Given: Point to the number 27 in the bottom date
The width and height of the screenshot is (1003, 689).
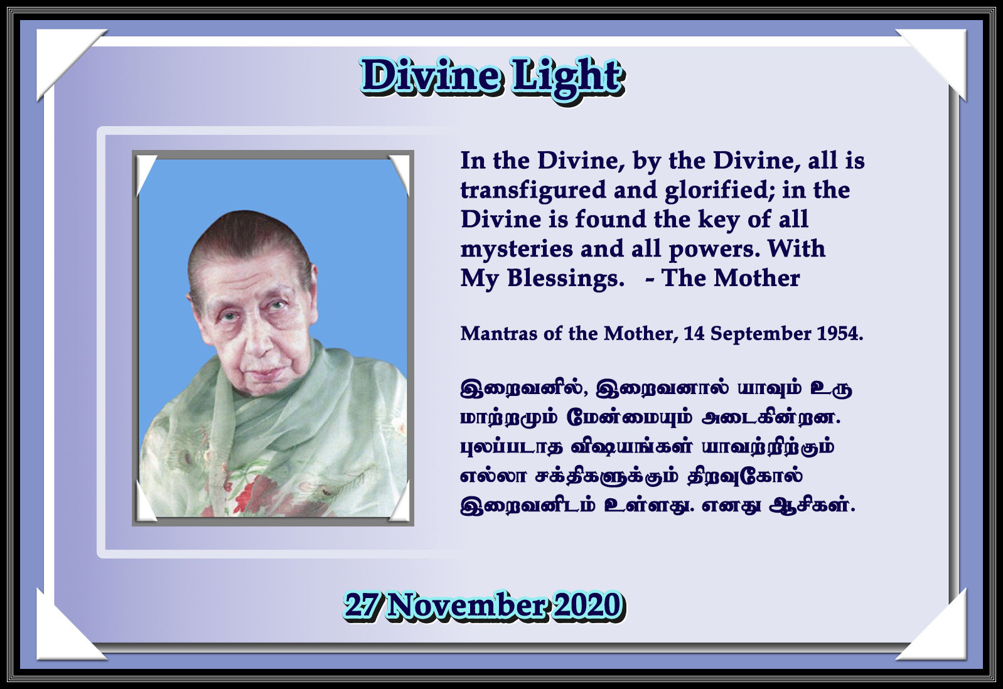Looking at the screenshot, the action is [362, 606].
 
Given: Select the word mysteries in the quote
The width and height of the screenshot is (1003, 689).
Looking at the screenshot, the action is [517, 249].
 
